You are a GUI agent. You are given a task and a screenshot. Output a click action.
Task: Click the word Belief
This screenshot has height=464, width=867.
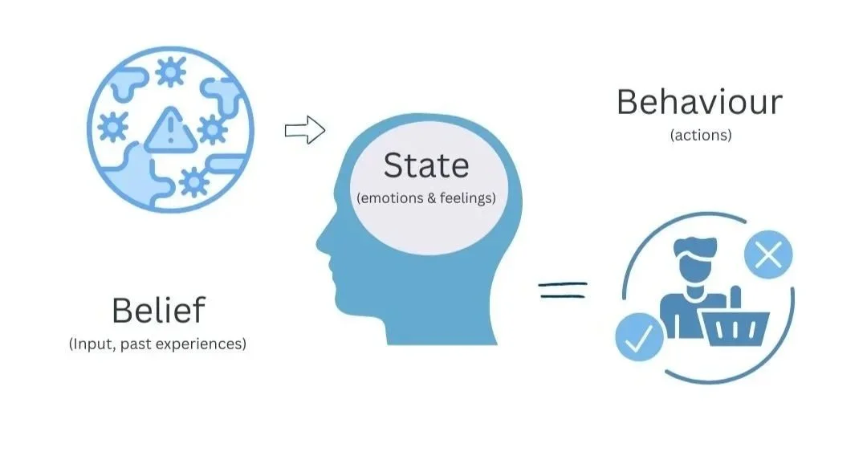coord(158,310)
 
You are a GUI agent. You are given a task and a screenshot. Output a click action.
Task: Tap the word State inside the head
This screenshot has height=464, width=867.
coord(425,165)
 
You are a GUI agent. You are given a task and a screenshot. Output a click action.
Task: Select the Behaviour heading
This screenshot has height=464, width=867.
coord(698,103)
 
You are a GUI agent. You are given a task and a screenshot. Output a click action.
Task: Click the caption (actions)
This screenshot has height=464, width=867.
coord(700,136)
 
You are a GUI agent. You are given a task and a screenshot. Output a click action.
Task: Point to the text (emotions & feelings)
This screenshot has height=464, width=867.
coord(425,197)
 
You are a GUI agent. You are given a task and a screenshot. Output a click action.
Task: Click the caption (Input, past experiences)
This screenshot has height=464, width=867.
coord(157,344)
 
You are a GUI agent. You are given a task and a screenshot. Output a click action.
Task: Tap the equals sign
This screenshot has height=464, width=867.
coord(563,289)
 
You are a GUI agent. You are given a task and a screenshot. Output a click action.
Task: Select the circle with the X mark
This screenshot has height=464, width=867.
coord(768,256)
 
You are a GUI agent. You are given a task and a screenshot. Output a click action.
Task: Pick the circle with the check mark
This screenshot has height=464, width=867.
coord(639,337)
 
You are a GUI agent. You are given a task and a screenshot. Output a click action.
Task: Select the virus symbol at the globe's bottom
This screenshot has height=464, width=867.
coord(193,183)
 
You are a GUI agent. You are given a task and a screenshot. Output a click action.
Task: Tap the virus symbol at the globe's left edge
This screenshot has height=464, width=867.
coord(113,128)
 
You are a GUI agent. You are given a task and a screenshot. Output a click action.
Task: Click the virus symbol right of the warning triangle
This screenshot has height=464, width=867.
coord(212,128)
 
